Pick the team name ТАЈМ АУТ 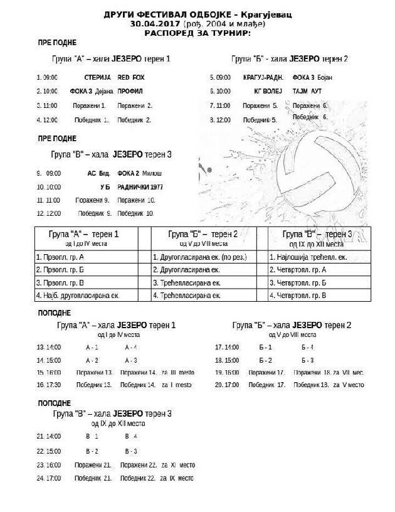tap(308, 91)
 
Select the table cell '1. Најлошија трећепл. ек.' tap(308, 257)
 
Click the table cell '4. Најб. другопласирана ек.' tap(78, 295)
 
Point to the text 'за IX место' tap(178, 479)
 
